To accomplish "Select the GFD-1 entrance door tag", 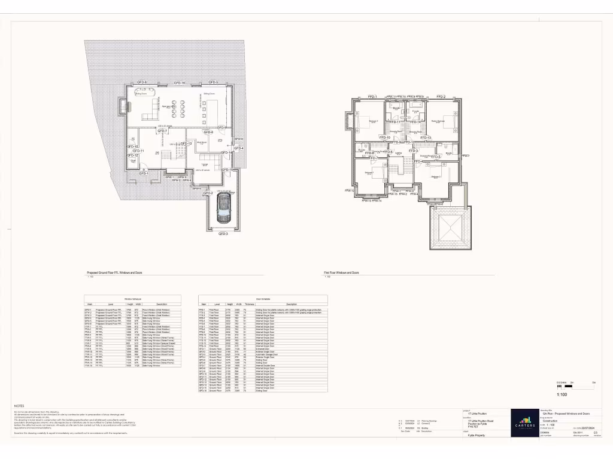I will pos(144,173).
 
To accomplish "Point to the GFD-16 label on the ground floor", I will pos(179,82).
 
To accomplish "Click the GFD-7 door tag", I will pos(162,131).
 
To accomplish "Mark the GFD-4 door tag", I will pos(239,148).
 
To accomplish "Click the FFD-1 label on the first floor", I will pos(372,96).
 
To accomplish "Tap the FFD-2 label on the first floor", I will pos(441,96).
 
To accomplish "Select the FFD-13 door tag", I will pos(426,137).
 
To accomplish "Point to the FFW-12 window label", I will pos(350,191).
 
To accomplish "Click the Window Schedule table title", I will pos(133,298).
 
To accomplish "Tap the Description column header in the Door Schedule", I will pos(292,304).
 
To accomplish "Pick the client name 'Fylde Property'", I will pos(477,436).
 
